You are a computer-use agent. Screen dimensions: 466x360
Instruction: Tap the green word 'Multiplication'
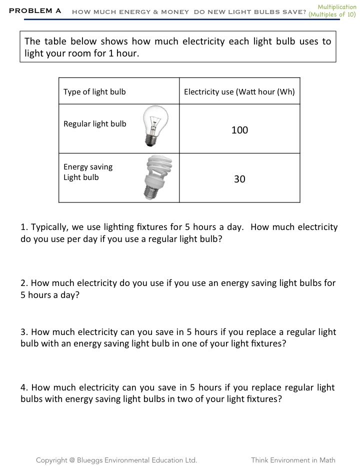click(337, 7)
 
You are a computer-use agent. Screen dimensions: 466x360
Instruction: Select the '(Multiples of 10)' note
click(332, 15)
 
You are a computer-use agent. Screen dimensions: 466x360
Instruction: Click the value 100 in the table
click(239, 130)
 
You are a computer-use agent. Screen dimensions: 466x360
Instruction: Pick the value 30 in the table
click(239, 179)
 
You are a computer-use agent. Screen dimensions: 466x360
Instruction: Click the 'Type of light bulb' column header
click(94, 91)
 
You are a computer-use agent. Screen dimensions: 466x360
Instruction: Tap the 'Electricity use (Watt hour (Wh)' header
click(239, 91)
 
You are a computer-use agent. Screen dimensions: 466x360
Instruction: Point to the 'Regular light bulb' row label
click(95, 124)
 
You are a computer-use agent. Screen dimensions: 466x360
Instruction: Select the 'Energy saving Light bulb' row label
click(88, 172)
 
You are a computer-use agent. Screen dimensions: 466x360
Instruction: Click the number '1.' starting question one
click(24, 227)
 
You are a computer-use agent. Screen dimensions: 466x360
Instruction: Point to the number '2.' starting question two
click(24, 283)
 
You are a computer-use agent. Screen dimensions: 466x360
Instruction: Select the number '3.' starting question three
click(24, 332)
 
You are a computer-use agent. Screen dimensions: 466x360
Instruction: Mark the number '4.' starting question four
click(24, 387)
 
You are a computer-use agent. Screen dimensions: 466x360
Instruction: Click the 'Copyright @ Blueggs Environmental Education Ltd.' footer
click(116, 460)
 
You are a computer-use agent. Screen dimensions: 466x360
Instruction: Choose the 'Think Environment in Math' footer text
click(293, 460)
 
